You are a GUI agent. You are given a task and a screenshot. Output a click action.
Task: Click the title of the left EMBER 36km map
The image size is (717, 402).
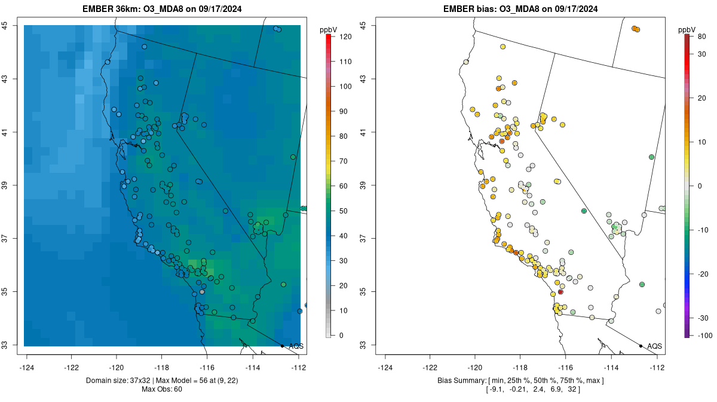(x=162, y=9)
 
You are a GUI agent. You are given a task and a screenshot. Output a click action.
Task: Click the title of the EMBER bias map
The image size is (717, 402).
(x=520, y=9)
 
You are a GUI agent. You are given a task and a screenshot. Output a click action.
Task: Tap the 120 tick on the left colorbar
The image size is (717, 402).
(x=345, y=36)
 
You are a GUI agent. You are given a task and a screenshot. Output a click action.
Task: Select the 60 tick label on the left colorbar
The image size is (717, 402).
(x=342, y=186)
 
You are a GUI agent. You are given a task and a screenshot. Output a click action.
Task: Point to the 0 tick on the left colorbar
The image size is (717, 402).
(x=341, y=336)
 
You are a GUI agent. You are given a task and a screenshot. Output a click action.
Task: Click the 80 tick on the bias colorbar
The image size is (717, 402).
(x=703, y=36)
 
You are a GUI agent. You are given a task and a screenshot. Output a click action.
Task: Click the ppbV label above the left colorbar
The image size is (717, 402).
(x=329, y=29)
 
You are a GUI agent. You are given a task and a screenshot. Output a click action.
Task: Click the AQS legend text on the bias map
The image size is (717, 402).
(x=654, y=346)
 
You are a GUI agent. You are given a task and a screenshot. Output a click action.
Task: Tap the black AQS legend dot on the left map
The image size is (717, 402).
(x=282, y=346)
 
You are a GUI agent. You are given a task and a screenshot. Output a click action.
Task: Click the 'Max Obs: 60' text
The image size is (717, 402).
(x=162, y=389)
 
